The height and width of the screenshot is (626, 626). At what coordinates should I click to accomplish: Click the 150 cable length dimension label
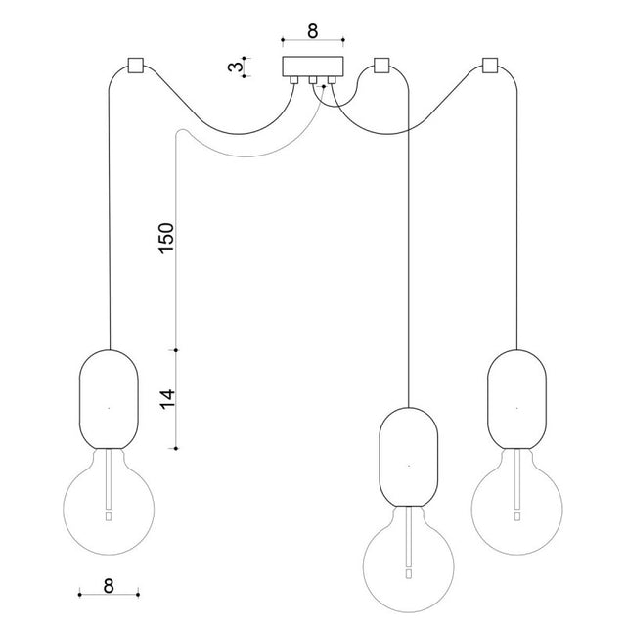166,238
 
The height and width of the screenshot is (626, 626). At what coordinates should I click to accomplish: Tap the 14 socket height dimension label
167,399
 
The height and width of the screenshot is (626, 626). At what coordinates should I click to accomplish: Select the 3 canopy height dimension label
236,67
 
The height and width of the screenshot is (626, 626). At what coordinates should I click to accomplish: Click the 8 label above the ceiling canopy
313,30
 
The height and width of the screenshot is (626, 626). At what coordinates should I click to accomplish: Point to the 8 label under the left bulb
109,586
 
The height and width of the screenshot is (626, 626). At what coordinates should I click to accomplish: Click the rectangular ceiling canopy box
313,67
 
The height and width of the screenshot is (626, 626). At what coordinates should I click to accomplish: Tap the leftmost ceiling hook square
135,66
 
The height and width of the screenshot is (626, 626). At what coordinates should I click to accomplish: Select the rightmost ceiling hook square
490,66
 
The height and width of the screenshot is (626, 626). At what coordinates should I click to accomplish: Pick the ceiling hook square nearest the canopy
381,66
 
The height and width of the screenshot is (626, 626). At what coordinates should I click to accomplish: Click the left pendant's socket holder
109,399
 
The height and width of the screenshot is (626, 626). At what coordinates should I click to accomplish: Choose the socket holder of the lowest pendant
409,457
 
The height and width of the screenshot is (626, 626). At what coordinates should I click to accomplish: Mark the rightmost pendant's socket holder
517,399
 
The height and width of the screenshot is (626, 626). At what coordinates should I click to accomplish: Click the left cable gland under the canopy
293,80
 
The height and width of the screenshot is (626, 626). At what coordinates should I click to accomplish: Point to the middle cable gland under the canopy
313,80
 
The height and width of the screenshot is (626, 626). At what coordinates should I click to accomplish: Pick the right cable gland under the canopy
332,80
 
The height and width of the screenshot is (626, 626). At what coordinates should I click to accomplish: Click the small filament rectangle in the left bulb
109,516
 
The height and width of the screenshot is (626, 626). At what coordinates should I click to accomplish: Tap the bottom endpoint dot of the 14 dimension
176,449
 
